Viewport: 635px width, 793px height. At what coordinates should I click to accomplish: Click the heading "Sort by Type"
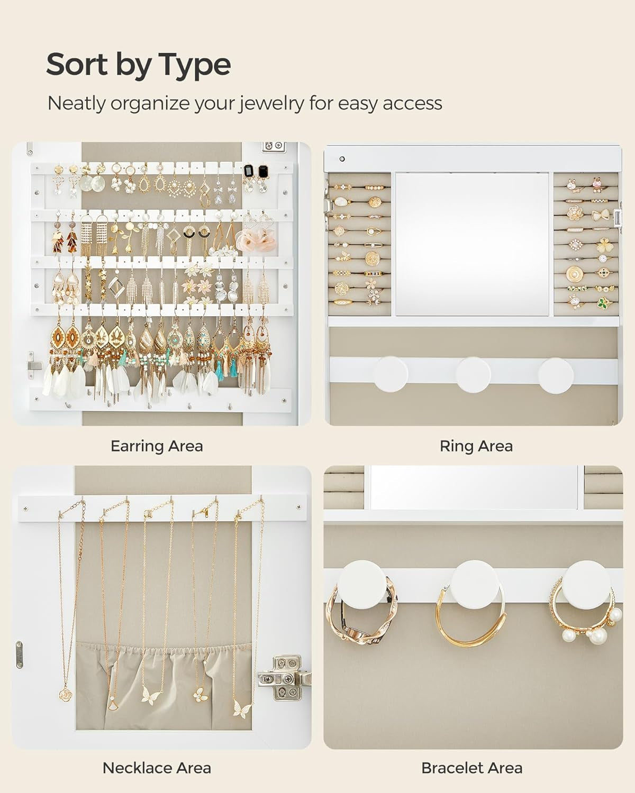pos(138,65)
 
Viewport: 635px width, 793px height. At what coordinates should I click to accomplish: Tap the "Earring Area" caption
pos(157,446)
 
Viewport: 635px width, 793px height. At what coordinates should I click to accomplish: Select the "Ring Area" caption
pos(476,446)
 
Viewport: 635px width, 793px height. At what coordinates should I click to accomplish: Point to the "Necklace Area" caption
pos(157,768)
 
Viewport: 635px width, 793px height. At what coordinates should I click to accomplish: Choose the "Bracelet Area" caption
pos(471,768)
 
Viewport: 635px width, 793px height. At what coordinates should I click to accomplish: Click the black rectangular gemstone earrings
pos(255,171)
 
